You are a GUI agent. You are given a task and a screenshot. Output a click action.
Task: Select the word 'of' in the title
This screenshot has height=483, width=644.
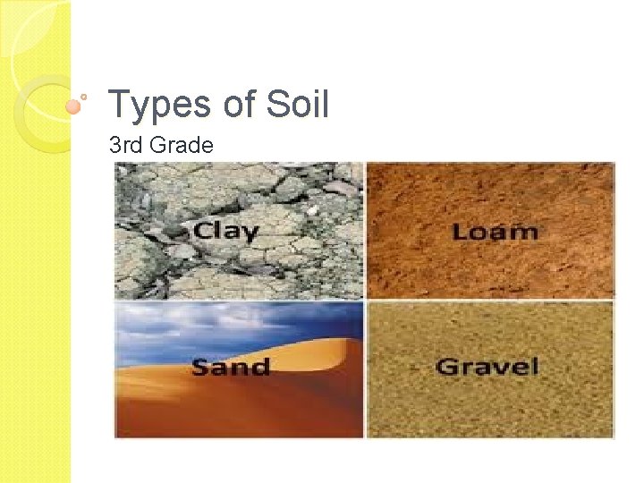pyautogui.click(x=240, y=105)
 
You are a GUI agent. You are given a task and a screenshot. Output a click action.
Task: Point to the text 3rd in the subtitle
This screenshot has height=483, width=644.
pyautogui.click(x=124, y=144)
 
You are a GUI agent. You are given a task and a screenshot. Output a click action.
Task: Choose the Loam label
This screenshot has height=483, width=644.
pyautogui.click(x=495, y=232)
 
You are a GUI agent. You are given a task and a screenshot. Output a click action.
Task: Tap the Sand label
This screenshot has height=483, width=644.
pyautogui.click(x=230, y=367)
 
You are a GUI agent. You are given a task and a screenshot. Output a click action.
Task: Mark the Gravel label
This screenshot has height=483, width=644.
pyautogui.click(x=487, y=366)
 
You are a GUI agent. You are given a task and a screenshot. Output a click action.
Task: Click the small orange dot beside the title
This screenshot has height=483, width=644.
pyautogui.click(x=74, y=106)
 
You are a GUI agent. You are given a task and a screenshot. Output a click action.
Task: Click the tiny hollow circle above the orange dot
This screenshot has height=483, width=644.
pyautogui.click(x=84, y=95)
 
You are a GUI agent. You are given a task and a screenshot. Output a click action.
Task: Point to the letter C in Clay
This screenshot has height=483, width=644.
pyautogui.click(x=203, y=230)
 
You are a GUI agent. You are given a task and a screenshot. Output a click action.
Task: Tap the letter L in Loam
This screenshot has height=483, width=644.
pyautogui.click(x=461, y=232)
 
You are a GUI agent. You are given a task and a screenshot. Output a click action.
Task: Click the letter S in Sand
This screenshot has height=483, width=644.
pyautogui.click(x=202, y=367)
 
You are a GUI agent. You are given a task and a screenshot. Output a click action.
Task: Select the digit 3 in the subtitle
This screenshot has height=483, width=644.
pyautogui.click(x=114, y=144)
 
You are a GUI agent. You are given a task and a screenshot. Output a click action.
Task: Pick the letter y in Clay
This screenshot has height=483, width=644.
pyautogui.click(x=250, y=233)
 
